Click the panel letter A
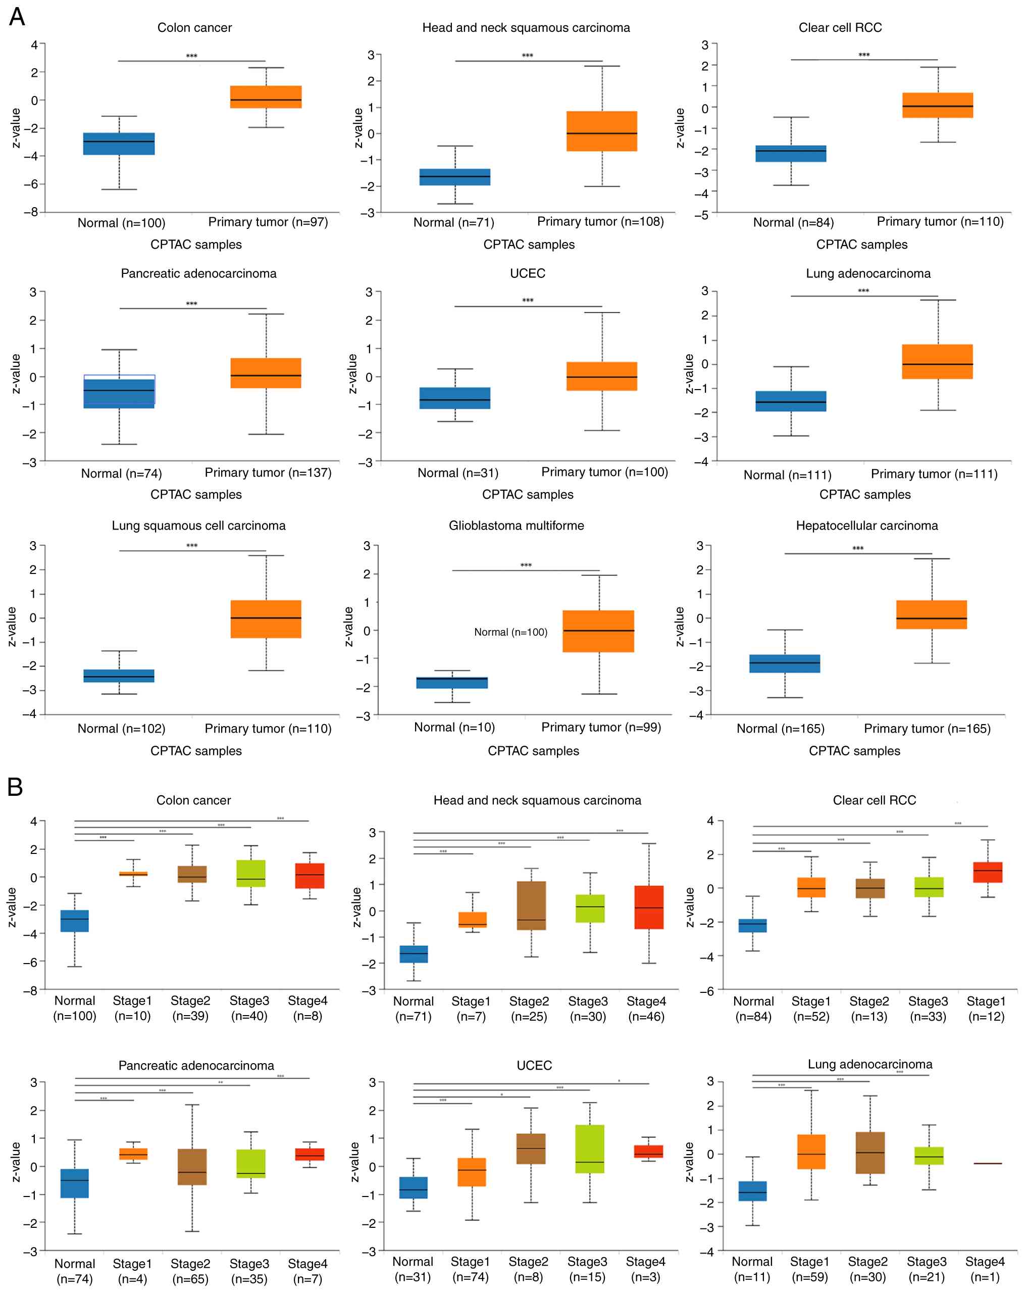[17, 16]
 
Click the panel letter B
[16, 787]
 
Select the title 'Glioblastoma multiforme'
[517, 525]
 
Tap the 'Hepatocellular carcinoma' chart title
[866, 525]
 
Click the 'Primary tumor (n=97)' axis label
[268, 222]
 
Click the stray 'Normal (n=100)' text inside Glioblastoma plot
[510, 632]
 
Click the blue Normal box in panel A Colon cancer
[119, 144]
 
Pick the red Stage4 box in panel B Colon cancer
[310, 876]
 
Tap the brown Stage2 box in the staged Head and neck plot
[531, 905]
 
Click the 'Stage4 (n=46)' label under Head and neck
[646, 1009]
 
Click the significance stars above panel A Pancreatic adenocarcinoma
[192, 304]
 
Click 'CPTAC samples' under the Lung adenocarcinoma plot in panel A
[864, 494]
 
